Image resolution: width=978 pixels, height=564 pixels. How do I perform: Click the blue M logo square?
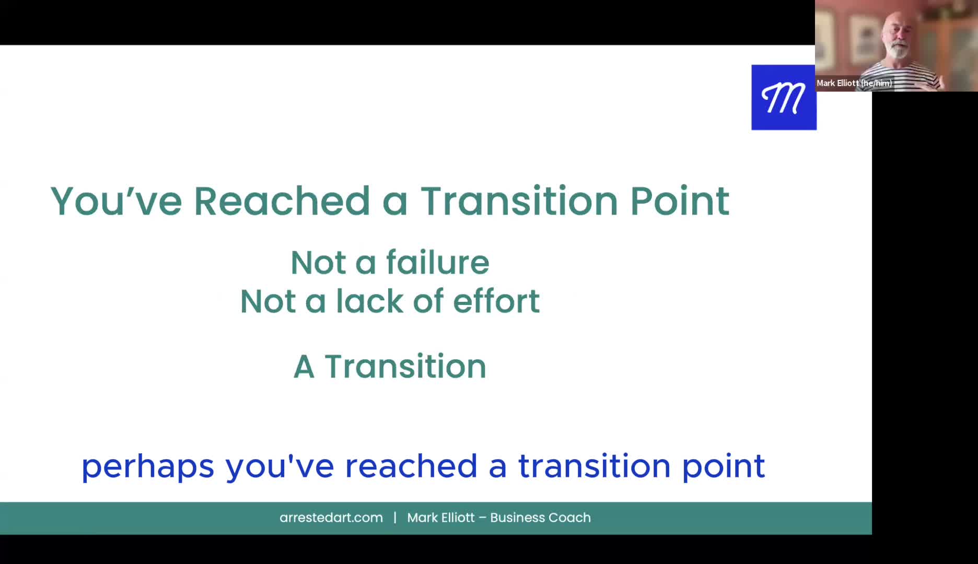point(784,98)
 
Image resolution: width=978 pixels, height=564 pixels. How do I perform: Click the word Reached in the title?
point(282,201)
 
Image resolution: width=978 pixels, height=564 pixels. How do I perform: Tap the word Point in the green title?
point(680,201)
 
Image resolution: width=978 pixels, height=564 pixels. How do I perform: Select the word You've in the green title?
point(116,201)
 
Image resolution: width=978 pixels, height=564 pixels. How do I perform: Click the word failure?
point(438,262)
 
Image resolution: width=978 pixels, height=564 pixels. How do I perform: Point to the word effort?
point(496,301)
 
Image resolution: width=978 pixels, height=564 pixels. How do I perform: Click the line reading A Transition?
point(390,366)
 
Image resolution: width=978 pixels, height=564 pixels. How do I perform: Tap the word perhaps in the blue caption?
point(148,466)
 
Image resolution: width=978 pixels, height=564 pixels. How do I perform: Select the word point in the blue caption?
point(724,466)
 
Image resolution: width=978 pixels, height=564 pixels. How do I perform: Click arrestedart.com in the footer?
point(331,518)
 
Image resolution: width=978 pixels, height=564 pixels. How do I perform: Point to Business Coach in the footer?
point(540,518)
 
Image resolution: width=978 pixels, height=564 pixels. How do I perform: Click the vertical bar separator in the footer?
point(395,518)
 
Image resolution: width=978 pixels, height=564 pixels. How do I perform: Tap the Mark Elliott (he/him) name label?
point(854,83)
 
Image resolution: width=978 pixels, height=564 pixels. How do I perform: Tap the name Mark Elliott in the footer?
point(441,518)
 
